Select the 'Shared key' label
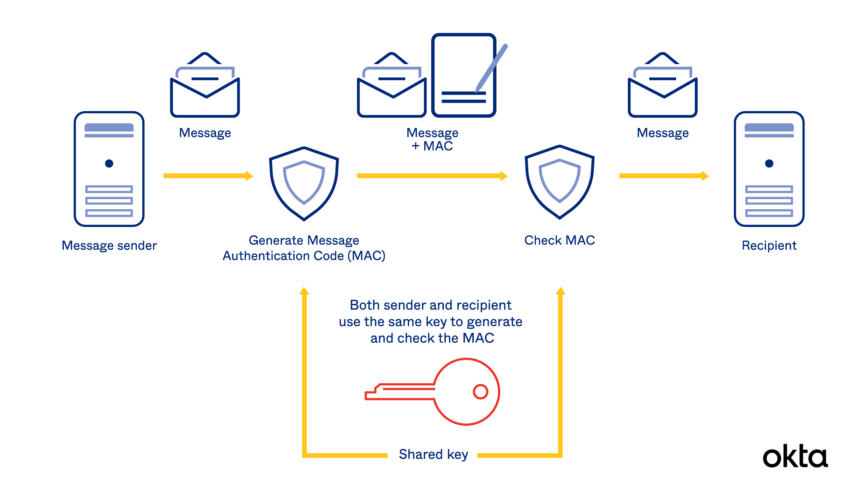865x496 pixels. click(433, 454)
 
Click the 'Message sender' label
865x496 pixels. click(109, 246)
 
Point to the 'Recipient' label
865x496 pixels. click(769, 246)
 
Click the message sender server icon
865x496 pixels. click(109, 169)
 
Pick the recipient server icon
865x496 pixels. click(769, 169)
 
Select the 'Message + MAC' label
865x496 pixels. click(432, 139)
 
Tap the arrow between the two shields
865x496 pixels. click(432, 176)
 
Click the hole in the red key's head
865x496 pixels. click(480, 392)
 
